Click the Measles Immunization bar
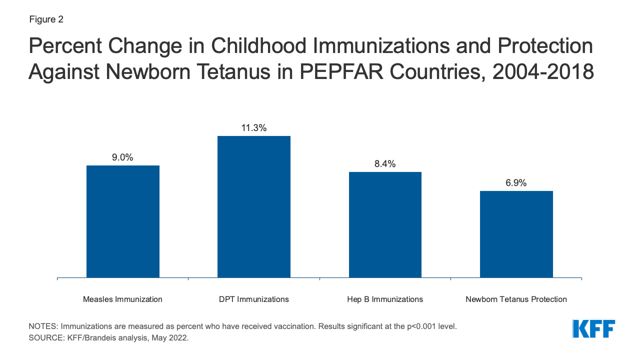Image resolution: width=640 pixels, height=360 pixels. coord(123,221)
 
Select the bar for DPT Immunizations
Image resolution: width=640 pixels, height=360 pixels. coord(254,206)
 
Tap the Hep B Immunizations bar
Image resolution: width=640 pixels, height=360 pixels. coord(385,224)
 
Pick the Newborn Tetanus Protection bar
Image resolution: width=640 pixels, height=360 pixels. coord(516,234)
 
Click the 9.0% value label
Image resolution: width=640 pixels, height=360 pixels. coord(122,157)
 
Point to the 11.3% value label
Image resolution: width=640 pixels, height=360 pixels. coord(254,128)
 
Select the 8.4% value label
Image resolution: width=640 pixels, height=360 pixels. coord(385,164)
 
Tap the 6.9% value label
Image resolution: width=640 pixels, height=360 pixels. coord(516,183)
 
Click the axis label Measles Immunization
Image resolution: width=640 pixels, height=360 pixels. coord(122,299)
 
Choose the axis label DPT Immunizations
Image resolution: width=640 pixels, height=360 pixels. coord(254,299)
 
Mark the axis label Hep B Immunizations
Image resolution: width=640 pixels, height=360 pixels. coord(385,299)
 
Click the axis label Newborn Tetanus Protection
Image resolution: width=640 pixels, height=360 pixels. coord(516,299)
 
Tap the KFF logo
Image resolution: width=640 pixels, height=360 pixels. coord(593,329)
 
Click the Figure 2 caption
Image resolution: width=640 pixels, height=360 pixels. coord(46,20)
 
